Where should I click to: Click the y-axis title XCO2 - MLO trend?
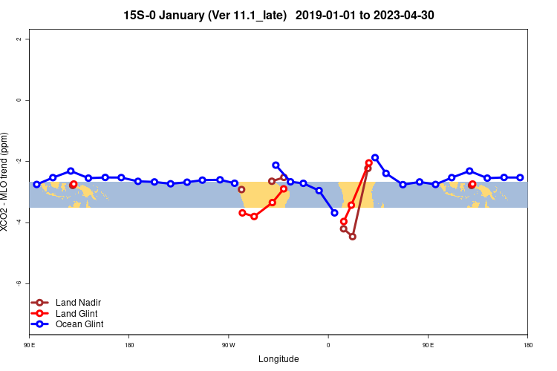coord(6,182)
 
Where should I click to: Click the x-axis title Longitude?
coord(278,359)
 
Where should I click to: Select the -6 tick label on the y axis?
coord(19,283)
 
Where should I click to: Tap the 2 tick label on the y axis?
coord(19,39)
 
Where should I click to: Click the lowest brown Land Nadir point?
coord(352,237)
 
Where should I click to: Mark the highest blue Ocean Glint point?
coord(375,157)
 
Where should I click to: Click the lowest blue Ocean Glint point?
coord(334,213)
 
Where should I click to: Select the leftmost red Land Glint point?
coord(74,184)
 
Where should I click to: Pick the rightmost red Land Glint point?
coord(472,184)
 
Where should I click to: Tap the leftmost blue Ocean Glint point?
coord(36,184)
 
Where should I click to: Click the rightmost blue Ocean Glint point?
coord(520,177)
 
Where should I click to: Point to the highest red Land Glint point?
coord(369,162)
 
